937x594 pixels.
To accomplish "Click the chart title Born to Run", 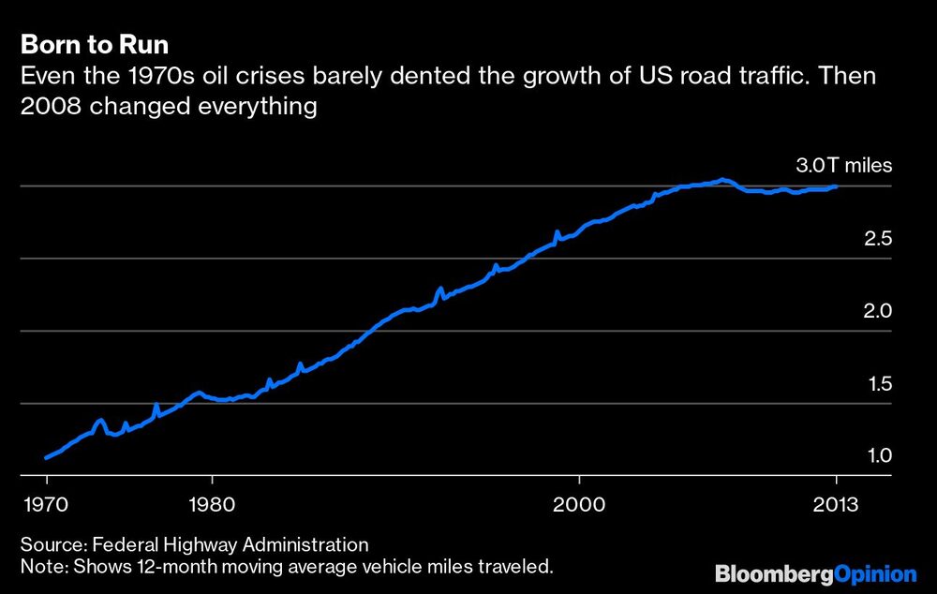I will (x=95, y=46).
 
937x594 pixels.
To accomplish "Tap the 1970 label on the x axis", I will (x=47, y=502).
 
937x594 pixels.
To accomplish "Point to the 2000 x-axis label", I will (x=580, y=502).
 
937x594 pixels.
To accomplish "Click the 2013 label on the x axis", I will (x=836, y=502).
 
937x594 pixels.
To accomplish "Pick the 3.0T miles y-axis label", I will (x=844, y=167).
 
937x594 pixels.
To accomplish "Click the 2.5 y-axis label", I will (x=878, y=239).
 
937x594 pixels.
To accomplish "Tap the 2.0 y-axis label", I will (x=878, y=311).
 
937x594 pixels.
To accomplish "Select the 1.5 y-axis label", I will (x=878, y=384).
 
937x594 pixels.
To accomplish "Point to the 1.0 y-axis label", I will (x=878, y=456).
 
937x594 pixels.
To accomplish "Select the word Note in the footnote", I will (x=39, y=566).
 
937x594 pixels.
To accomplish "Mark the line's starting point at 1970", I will (x=46, y=458).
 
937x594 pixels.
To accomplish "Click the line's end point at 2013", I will (x=836, y=187).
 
